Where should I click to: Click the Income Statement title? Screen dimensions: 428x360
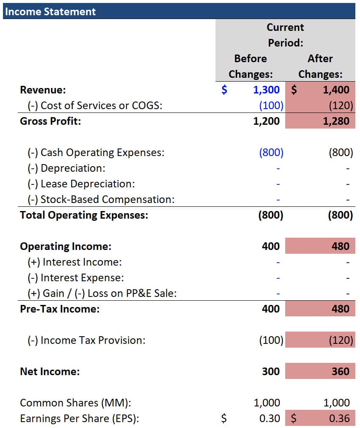[x=50, y=11]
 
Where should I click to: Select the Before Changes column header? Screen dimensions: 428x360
[x=251, y=66]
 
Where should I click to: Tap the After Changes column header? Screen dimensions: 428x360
[x=320, y=66]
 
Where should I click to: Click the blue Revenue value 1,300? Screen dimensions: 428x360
[x=266, y=90]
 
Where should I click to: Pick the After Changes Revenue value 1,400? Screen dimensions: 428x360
[x=336, y=90]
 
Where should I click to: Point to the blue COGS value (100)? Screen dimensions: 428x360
[x=271, y=105]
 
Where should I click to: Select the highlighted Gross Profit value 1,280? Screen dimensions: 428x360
[x=336, y=121]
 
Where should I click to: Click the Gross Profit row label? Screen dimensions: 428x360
[x=50, y=121]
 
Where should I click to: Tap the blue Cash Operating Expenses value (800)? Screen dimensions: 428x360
[x=271, y=152]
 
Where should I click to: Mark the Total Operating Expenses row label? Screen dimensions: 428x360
[x=84, y=215]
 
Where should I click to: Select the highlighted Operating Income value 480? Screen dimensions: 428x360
[x=341, y=246]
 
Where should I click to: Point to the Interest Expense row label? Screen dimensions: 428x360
[x=76, y=278]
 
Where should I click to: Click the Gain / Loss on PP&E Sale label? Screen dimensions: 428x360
[x=102, y=293]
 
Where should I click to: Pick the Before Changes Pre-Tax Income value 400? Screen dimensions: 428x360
[x=271, y=309]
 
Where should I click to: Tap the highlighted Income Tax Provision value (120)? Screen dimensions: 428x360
[x=341, y=340]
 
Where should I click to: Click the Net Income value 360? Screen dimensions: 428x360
[x=341, y=371]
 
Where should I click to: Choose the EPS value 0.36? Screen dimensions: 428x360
[x=339, y=418]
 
